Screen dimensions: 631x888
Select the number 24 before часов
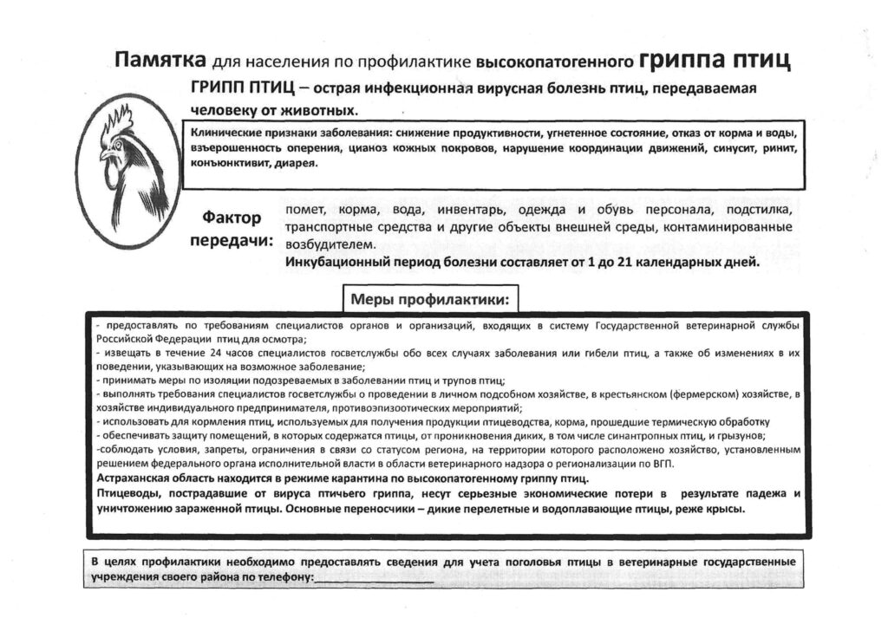click(209, 354)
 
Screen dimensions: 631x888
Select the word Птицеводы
click(126, 493)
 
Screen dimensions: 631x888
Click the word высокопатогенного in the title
click(555, 62)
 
